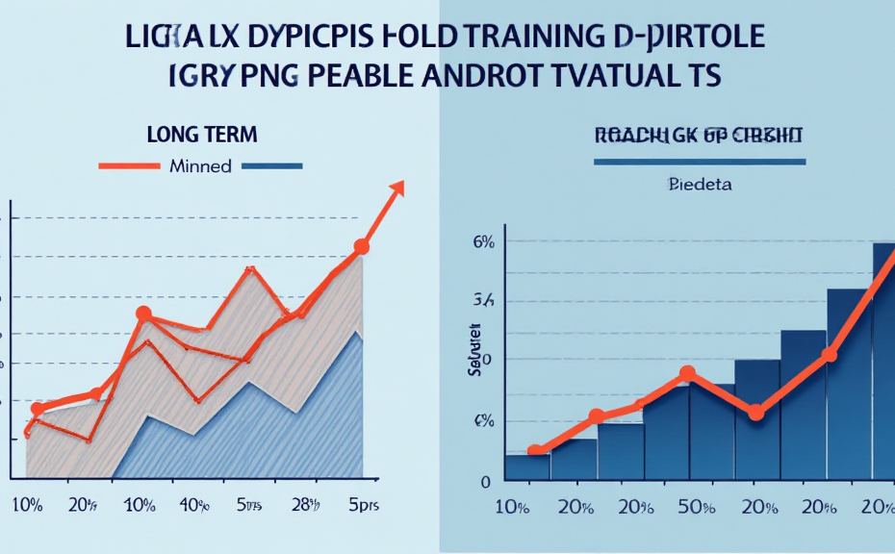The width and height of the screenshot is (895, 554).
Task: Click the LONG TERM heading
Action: click(x=202, y=134)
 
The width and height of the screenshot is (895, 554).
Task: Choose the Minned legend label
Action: click(x=200, y=165)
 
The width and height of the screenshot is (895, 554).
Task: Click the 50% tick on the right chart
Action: click(x=684, y=507)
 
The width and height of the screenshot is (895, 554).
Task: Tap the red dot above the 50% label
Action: click(x=687, y=374)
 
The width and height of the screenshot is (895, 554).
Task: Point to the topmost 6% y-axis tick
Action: click(x=484, y=242)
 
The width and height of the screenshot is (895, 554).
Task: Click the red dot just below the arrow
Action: click(x=362, y=247)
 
